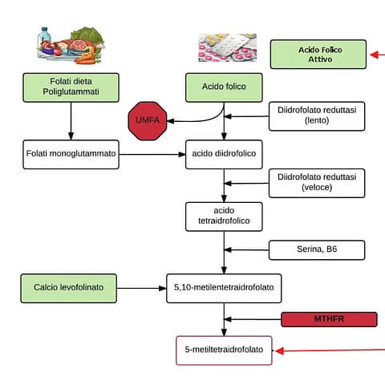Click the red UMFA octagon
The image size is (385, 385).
click(x=148, y=121)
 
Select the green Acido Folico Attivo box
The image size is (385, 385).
click(x=319, y=55)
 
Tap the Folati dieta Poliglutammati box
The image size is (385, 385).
click(x=71, y=87)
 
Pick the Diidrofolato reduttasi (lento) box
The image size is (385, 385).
click(x=316, y=115)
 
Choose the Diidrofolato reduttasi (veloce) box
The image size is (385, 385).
click(x=316, y=182)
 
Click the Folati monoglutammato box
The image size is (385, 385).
click(x=71, y=154)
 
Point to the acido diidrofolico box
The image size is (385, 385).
click(x=224, y=154)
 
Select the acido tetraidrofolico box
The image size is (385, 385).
click(x=224, y=215)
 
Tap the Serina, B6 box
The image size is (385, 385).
click(x=316, y=249)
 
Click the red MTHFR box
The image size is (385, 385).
click(x=329, y=319)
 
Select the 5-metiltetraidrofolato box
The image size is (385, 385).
click(x=224, y=350)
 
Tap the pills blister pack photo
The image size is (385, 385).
click(x=227, y=47)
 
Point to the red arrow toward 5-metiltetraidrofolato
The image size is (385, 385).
click(x=329, y=350)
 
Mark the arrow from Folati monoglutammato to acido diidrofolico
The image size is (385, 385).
click(x=152, y=154)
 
